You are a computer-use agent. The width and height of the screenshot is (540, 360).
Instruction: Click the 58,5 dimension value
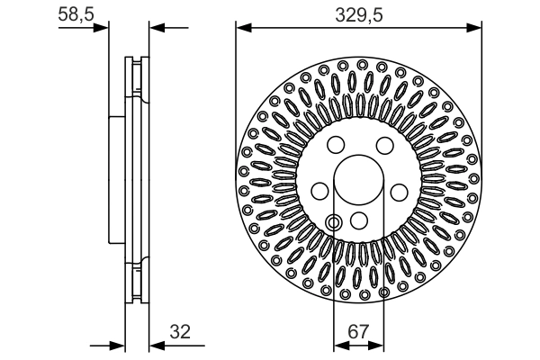pos(75,16)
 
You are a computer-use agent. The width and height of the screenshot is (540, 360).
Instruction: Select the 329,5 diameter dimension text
pos(359,16)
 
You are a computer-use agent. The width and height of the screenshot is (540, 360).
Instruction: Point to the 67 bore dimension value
pos(359,332)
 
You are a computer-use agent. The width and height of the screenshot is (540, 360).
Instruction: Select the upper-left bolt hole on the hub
pos(335,147)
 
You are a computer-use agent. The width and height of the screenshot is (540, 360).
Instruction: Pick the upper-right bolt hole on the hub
pos(383,147)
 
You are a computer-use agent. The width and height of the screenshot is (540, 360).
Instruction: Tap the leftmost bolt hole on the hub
pos(319,191)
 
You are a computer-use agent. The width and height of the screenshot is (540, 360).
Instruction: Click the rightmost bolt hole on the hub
pos(399,191)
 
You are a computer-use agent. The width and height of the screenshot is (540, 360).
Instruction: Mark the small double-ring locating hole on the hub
pos(334,222)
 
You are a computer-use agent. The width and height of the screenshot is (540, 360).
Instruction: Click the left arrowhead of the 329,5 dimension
pos(241,28)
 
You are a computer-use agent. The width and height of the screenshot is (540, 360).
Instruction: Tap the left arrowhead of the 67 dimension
pos(338,345)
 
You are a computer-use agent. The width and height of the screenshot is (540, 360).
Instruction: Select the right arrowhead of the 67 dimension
pos(379,345)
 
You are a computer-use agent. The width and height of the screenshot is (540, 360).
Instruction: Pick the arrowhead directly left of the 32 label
pos(152,345)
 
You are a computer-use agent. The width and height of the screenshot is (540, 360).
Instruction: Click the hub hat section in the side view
pos(114,180)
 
